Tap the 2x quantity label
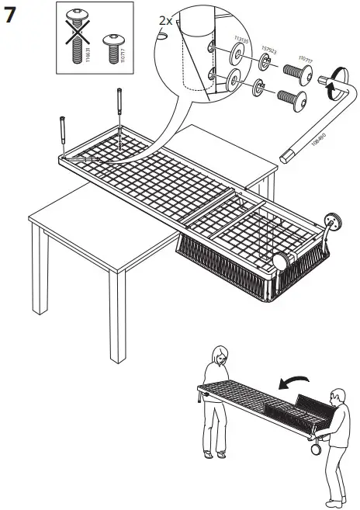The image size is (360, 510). click(x=165, y=21)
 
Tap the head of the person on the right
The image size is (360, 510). click(x=336, y=396)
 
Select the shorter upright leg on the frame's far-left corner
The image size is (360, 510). click(x=61, y=135)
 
